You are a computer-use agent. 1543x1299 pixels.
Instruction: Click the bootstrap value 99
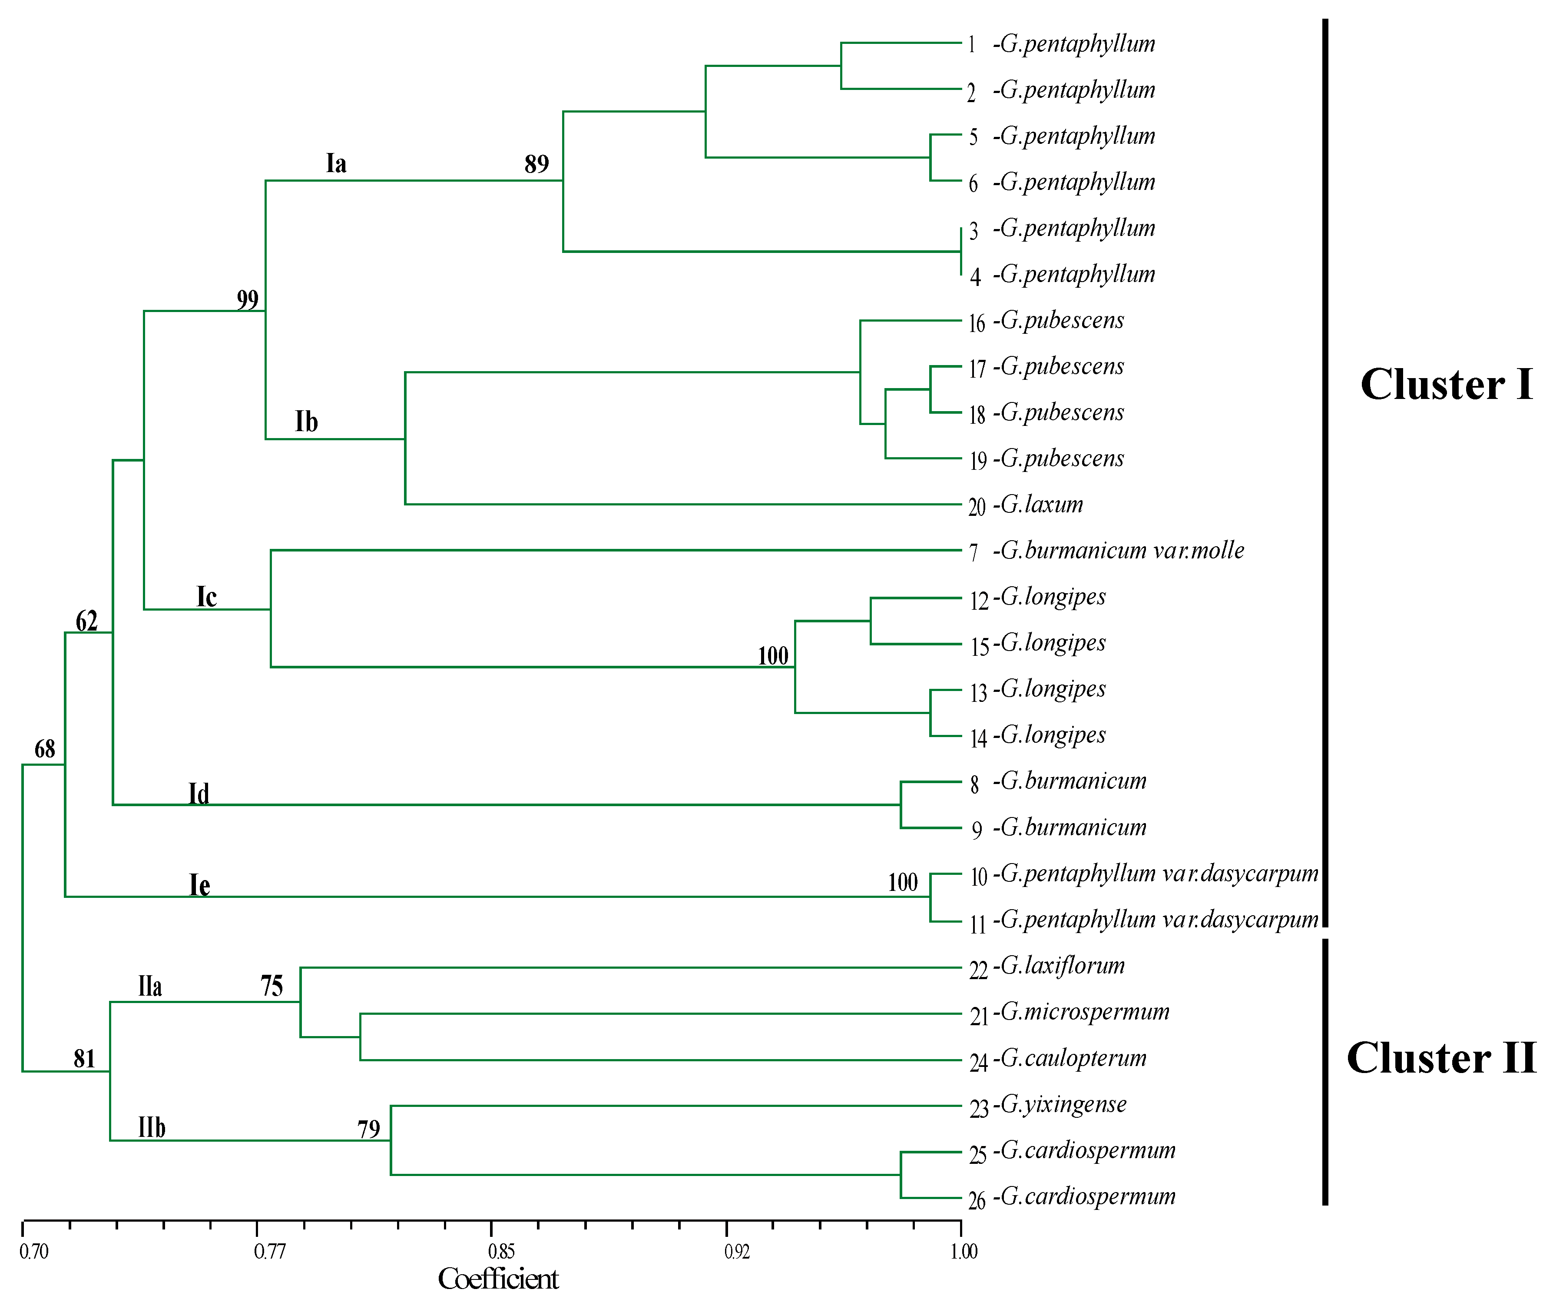247,300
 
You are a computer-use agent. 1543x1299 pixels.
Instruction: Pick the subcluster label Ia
336,163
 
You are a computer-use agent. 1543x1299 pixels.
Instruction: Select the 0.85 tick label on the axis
501,1251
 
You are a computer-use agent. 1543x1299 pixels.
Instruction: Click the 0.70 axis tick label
34,1251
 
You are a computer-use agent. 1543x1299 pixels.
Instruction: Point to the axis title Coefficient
498,1279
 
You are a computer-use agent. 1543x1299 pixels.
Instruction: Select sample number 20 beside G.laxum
977,507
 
